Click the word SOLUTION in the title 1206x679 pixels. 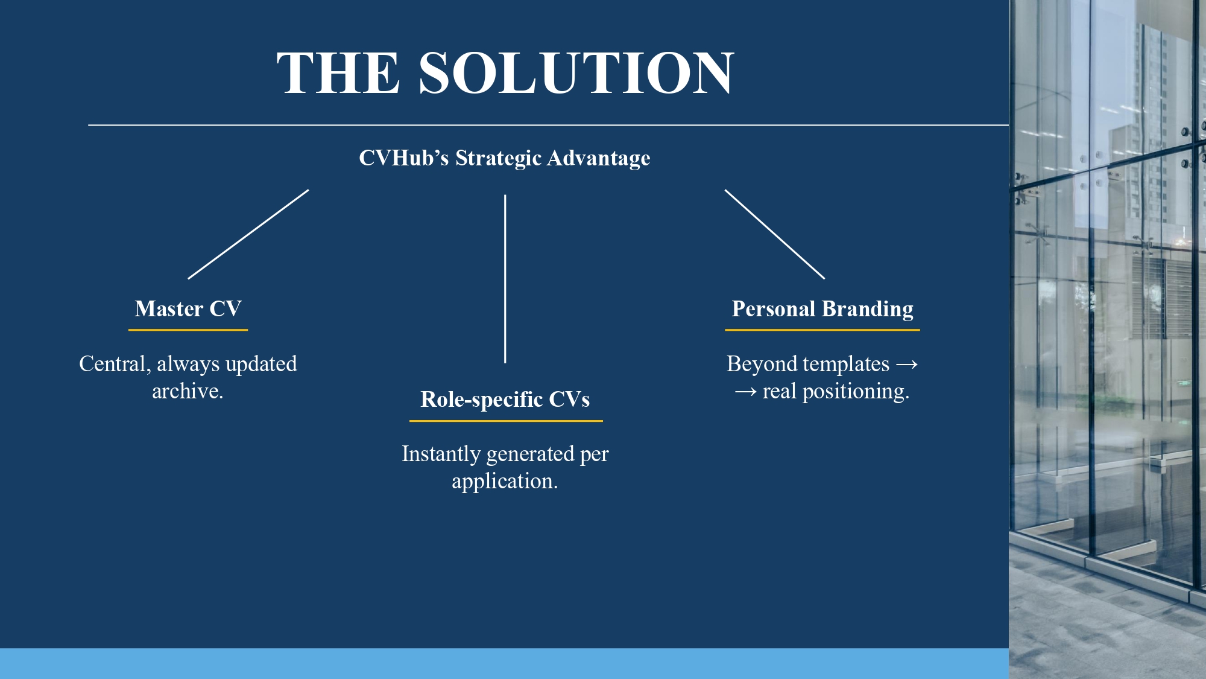[576, 73]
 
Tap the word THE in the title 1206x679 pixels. [338, 73]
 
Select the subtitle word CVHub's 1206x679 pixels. [404, 158]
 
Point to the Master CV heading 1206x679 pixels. [188, 308]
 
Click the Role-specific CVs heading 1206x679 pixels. [505, 399]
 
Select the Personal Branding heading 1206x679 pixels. [822, 309]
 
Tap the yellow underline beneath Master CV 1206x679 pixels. [188, 330]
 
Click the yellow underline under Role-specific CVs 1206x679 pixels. [506, 421]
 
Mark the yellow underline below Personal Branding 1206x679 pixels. [822, 330]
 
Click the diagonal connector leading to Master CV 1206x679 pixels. [248, 234]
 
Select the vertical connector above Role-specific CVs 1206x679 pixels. [505, 279]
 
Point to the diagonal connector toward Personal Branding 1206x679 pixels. [775, 234]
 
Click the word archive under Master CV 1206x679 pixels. [188, 391]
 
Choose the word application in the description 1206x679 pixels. [505, 482]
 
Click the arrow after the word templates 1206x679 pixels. [907, 365]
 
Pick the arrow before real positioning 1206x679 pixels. [746, 392]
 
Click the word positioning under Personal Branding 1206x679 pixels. [856, 392]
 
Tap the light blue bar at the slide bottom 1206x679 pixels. [504, 663]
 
